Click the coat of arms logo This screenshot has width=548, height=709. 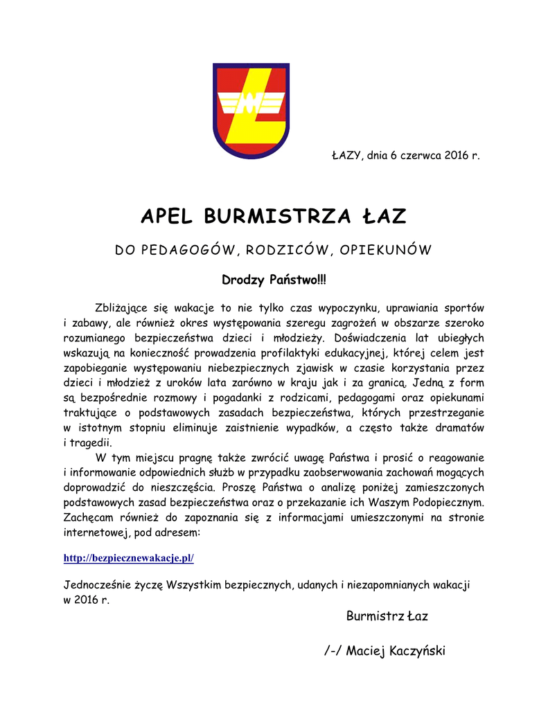click(251, 110)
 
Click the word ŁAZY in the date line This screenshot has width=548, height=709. click(344, 155)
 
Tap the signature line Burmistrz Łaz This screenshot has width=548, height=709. click(387, 616)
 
